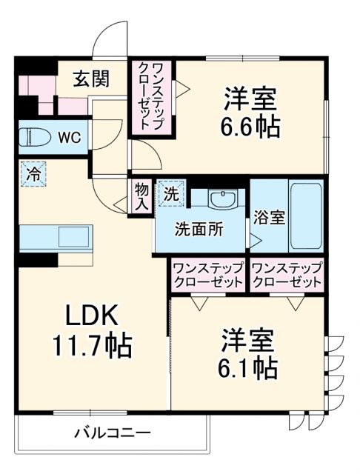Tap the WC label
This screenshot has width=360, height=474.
71,138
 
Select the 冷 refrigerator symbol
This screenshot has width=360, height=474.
33,176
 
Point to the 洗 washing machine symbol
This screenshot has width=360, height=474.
170,194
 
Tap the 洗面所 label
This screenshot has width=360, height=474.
199,230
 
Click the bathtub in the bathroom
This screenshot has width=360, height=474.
304,214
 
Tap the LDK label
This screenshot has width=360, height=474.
90,316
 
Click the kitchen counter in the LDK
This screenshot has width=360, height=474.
56,238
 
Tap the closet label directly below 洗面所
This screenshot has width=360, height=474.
207,275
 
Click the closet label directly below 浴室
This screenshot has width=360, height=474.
287,275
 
